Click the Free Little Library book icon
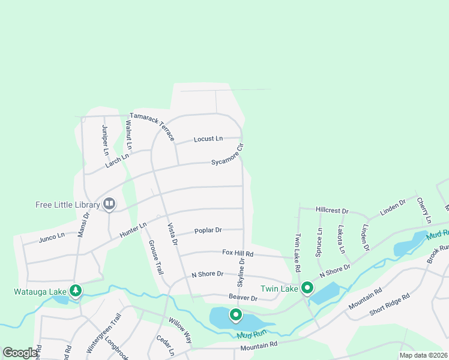(109, 205)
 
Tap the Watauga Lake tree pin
(76, 291)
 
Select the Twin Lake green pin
(307, 289)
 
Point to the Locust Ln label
(208, 139)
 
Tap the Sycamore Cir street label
(228, 155)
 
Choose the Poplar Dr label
(208, 230)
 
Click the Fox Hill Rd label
(238, 254)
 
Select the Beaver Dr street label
(243, 298)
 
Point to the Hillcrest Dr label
(332, 211)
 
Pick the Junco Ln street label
(52, 236)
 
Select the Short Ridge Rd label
(389, 304)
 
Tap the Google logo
(20, 353)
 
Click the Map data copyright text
(423, 355)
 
